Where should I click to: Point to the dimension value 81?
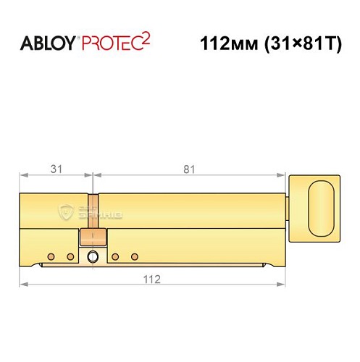(x=189, y=169)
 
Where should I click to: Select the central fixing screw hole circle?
(x=92, y=256)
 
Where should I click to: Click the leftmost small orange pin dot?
(x=51, y=256)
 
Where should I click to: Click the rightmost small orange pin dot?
(x=133, y=256)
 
